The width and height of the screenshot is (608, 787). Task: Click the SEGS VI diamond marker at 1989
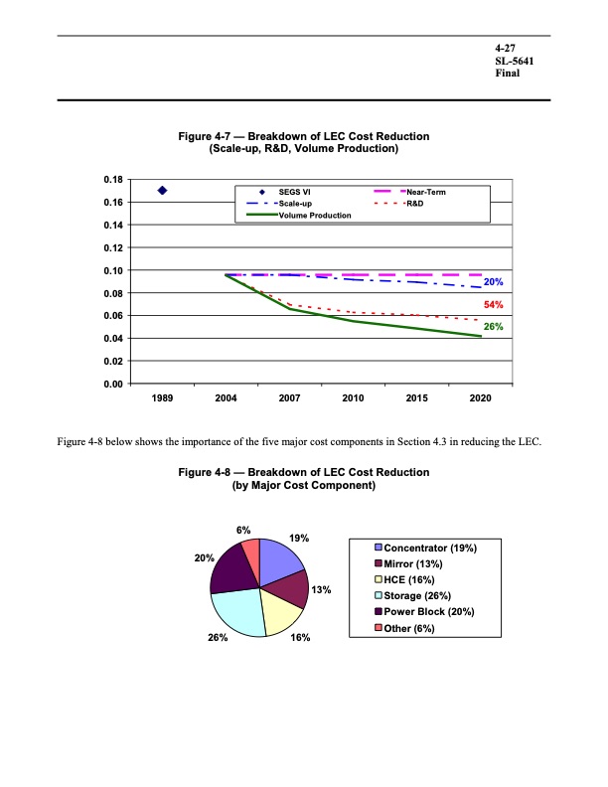click(162, 191)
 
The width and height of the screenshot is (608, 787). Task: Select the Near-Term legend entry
click(421, 191)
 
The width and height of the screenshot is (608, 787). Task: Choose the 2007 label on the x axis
click(289, 398)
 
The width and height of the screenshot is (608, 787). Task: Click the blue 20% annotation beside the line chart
click(495, 283)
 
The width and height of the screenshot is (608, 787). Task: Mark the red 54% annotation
click(495, 304)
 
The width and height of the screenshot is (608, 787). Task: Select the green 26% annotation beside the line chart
click(495, 326)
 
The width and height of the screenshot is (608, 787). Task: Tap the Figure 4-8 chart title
click(303, 479)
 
